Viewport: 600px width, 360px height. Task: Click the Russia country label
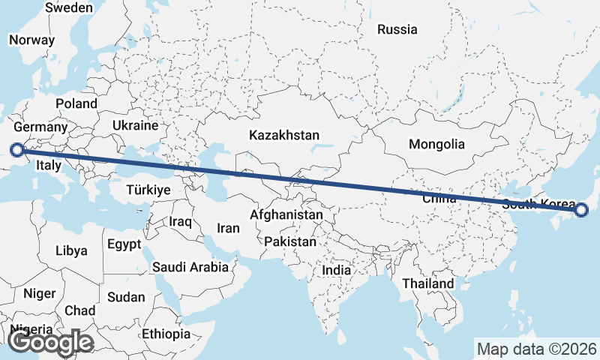pyautogui.click(x=397, y=30)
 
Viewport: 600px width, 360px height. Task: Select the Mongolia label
pyautogui.click(x=436, y=144)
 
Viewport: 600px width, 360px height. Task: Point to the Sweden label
pyautogui.click(x=69, y=7)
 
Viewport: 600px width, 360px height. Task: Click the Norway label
pyautogui.click(x=32, y=40)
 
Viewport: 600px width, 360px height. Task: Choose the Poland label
pyautogui.click(x=76, y=103)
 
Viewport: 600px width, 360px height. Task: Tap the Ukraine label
pyautogui.click(x=135, y=124)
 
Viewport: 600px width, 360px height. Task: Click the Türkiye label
pyautogui.click(x=148, y=190)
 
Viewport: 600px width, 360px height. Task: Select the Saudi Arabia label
pyautogui.click(x=190, y=267)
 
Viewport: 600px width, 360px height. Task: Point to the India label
pyautogui.click(x=337, y=270)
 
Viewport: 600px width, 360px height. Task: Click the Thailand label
pyautogui.click(x=427, y=283)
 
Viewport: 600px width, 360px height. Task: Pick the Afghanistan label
pyautogui.click(x=286, y=215)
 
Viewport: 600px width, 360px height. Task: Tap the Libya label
pyautogui.click(x=71, y=250)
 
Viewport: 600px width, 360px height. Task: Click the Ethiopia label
pyautogui.click(x=166, y=334)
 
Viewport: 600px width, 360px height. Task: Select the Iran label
pyautogui.click(x=228, y=228)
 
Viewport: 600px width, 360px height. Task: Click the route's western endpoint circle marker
pyautogui.click(x=16, y=150)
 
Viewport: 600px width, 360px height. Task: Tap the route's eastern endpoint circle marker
pyautogui.click(x=581, y=210)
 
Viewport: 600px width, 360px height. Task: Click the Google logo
pyautogui.click(x=50, y=342)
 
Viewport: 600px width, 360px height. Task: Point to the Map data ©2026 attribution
pyautogui.click(x=537, y=349)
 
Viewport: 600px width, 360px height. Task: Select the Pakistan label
pyautogui.click(x=290, y=242)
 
